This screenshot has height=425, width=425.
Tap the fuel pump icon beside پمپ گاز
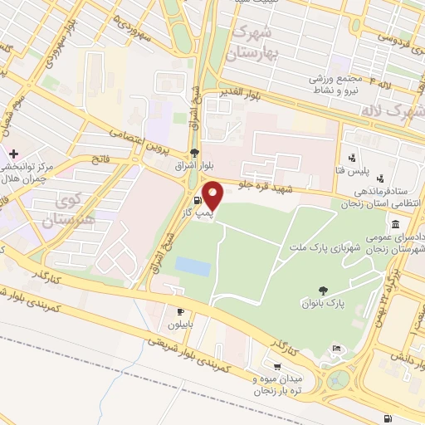coord(197,201)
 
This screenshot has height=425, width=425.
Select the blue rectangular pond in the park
coord(193,266)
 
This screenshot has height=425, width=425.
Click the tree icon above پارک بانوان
coord(322,290)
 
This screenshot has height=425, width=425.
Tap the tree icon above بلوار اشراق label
coord(194,152)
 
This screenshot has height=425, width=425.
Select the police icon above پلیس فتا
coord(354,158)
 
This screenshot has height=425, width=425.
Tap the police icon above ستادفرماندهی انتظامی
coord(380,178)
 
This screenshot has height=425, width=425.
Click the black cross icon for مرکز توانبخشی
coord(14,154)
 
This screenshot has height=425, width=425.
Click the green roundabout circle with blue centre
coord(338,380)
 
